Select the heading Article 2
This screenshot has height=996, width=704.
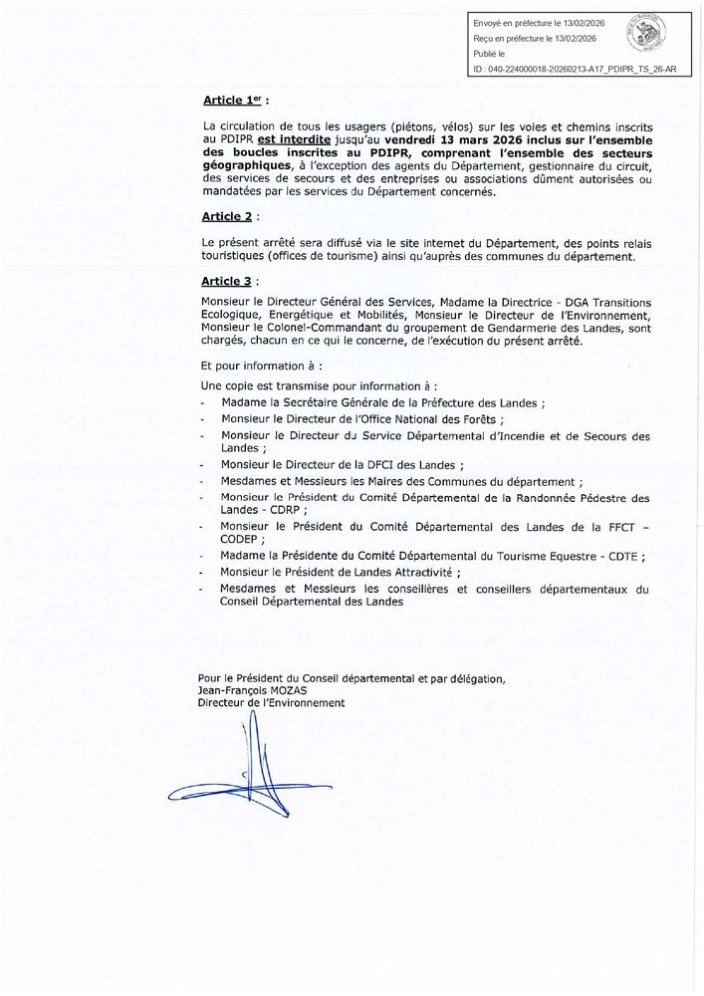(x=228, y=216)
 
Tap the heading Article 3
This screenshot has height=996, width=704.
(x=228, y=282)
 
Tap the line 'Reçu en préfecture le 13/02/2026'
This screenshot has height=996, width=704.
(x=534, y=39)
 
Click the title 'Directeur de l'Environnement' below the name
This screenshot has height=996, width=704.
(x=272, y=702)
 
